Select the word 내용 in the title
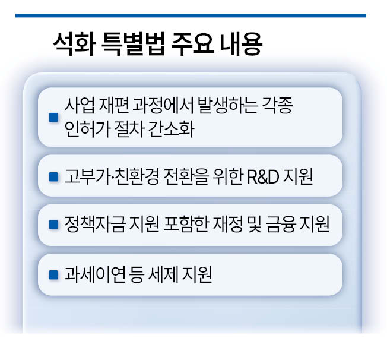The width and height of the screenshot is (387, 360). [240, 45]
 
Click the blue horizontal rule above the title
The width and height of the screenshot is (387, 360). [191, 15]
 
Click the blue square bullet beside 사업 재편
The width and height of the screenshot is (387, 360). [53, 118]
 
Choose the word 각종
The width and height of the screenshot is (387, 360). [277, 106]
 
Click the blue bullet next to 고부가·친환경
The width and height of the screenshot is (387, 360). [53, 177]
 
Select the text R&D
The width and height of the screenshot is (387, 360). [263, 176]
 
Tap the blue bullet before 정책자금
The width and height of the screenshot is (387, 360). [53, 225]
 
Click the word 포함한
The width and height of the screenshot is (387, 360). [185, 224]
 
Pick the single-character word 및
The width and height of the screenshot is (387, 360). [254, 224]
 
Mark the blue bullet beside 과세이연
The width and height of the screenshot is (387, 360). [53, 275]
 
